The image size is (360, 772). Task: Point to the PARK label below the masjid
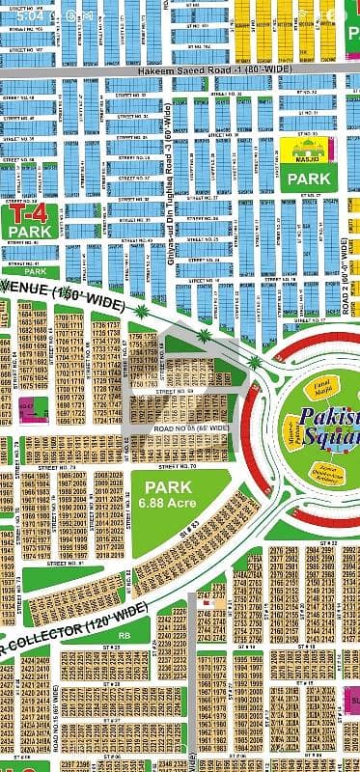click(308, 179)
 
